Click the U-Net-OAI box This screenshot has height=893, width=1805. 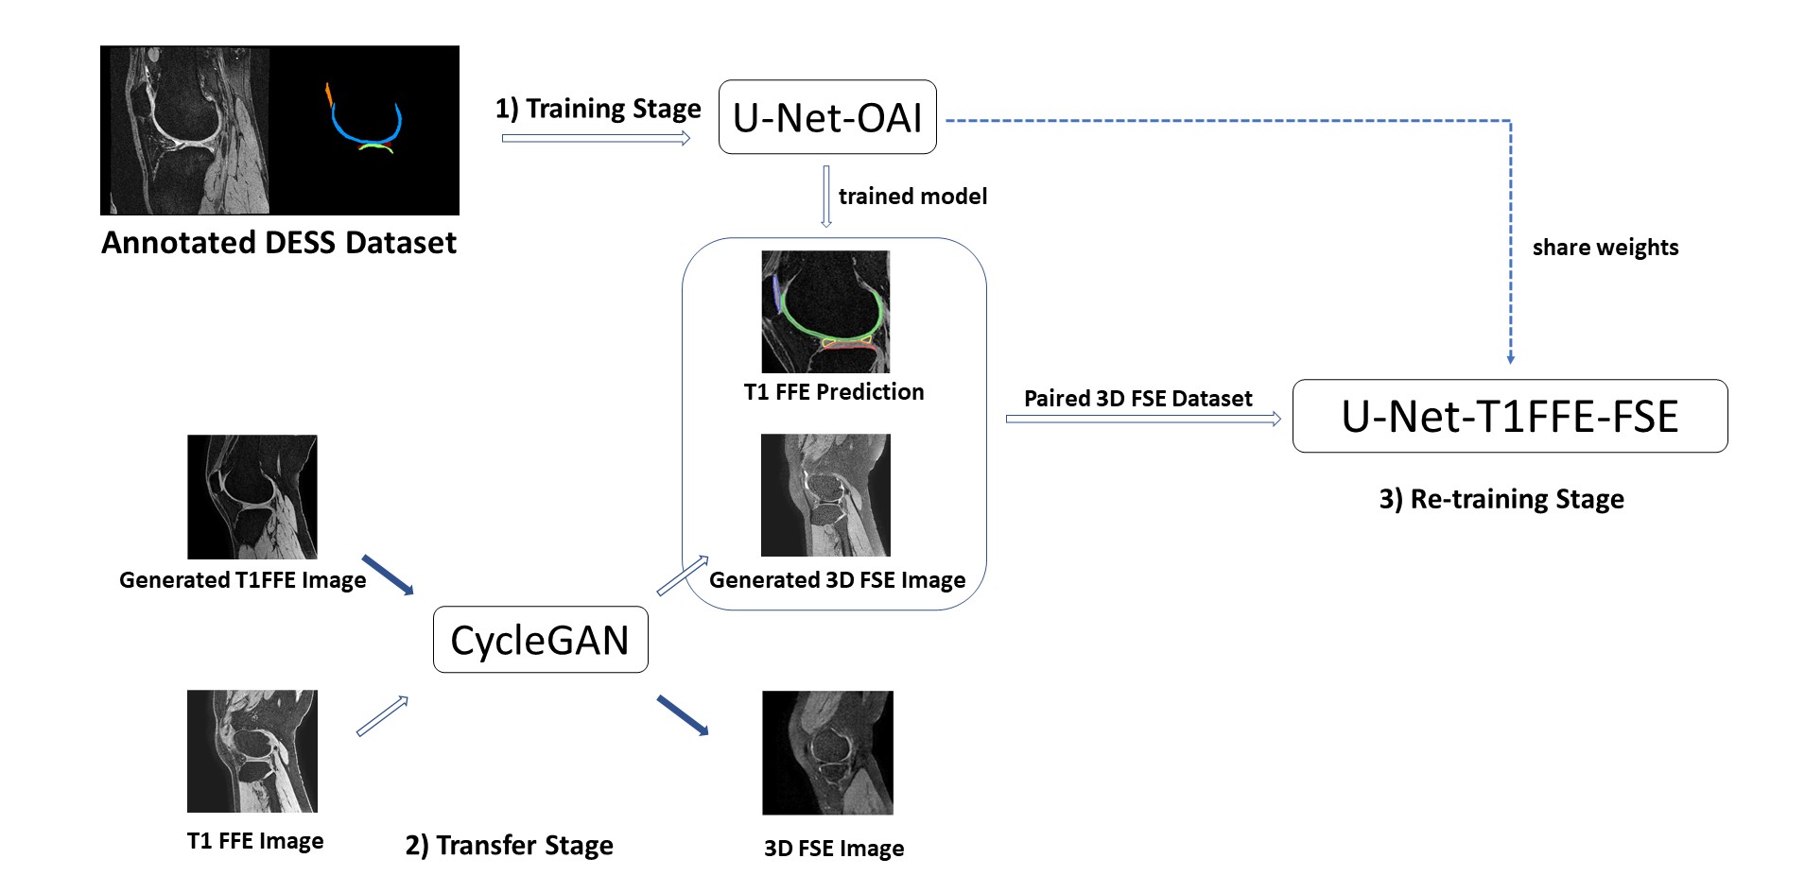tap(827, 117)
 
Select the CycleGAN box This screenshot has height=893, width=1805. tap(540, 640)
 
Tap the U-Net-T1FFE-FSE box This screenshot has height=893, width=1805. tap(1509, 417)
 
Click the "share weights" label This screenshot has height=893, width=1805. tap(1605, 248)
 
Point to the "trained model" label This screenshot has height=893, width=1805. tap(912, 197)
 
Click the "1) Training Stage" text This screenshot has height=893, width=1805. tap(598, 109)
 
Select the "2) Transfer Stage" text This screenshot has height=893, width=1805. tap(509, 845)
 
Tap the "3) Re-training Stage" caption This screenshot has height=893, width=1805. tap(1501, 499)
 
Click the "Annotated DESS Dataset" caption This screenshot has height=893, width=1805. tap(279, 243)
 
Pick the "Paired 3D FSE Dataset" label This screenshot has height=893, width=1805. tap(1137, 399)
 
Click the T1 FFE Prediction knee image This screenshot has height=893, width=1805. tap(825, 311)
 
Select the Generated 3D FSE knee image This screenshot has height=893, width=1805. tap(825, 494)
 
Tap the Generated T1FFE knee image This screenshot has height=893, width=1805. tap(252, 496)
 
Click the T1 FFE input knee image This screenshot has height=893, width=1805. tap(252, 750)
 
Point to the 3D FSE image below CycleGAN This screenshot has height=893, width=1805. tap(827, 752)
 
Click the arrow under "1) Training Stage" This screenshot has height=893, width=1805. tap(596, 139)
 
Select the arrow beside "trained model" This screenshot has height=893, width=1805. tap(826, 197)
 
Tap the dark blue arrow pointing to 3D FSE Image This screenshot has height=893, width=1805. tap(683, 715)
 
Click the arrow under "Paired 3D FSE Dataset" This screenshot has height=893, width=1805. tap(1143, 419)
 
